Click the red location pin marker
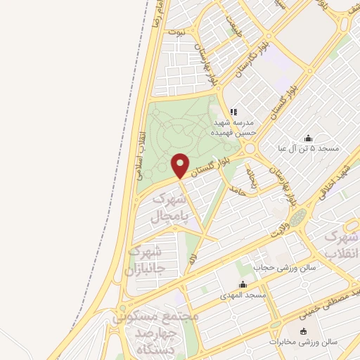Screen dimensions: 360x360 click(x=181, y=166)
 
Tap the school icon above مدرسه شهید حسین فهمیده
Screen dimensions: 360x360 click(x=233, y=111)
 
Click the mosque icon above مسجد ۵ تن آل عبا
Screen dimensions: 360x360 click(x=307, y=138)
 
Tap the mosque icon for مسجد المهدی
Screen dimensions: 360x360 click(x=243, y=285)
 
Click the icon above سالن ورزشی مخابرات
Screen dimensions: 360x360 click(x=303, y=331)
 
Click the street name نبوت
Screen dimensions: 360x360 click(x=182, y=33)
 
